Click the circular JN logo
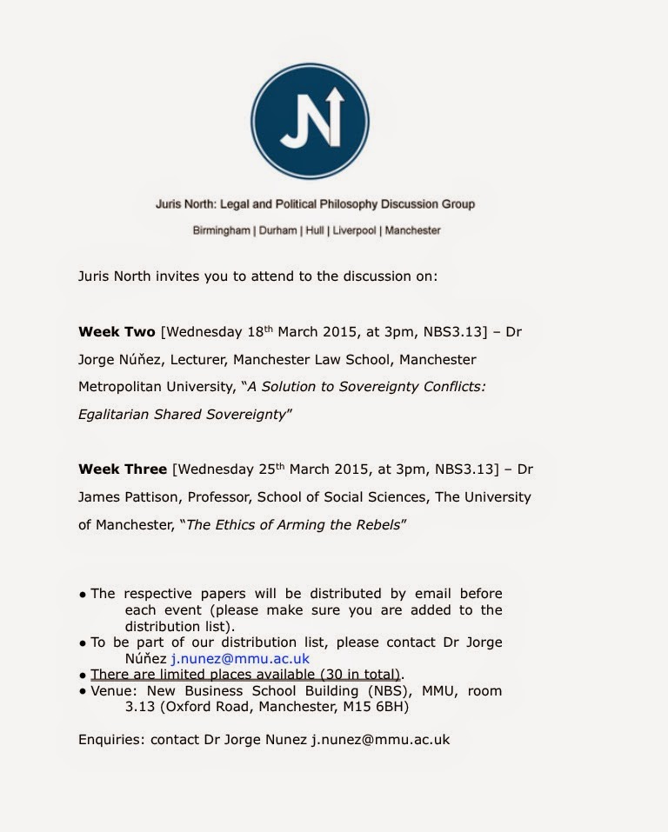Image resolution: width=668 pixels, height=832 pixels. pyautogui.click(x=310, y=121)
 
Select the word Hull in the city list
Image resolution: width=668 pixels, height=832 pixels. pyautogui.click(x=314, y=230)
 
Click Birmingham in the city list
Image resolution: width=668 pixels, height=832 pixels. pyautogui.click(x=222, y=230)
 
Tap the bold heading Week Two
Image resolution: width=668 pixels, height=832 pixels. pyautogui.click(x=117, y=332)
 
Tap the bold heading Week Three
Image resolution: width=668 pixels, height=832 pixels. pyautogui.click(x=122, y=469)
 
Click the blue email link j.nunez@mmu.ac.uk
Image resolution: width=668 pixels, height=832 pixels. pyautogui.click(x=239, y=658)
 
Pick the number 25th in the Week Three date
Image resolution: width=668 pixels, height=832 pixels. pyautogui.click(x=272, y=469)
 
